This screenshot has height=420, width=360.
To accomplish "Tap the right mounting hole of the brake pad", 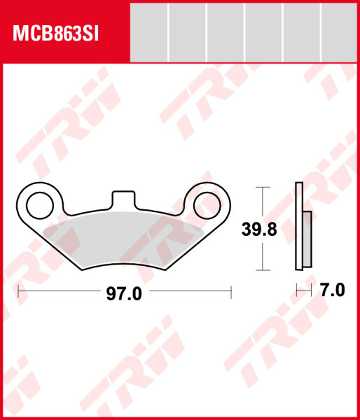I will click(207, 204).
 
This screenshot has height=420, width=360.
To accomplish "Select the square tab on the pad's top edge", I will click(123, 198).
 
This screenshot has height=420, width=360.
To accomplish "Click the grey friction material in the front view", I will click(123, 238).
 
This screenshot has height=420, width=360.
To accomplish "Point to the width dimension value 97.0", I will click(124, 294).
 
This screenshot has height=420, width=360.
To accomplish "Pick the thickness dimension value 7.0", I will click(332, 290).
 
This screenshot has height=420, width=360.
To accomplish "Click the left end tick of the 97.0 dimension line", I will click(18, 289).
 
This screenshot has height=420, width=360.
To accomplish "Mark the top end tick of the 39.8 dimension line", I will click(261, 188).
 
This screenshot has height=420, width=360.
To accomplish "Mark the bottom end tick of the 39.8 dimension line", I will click(261, 270).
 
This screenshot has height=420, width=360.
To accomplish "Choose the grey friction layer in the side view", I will click(307, 238).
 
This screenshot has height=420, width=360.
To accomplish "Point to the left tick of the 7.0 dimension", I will click(297, 289).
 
